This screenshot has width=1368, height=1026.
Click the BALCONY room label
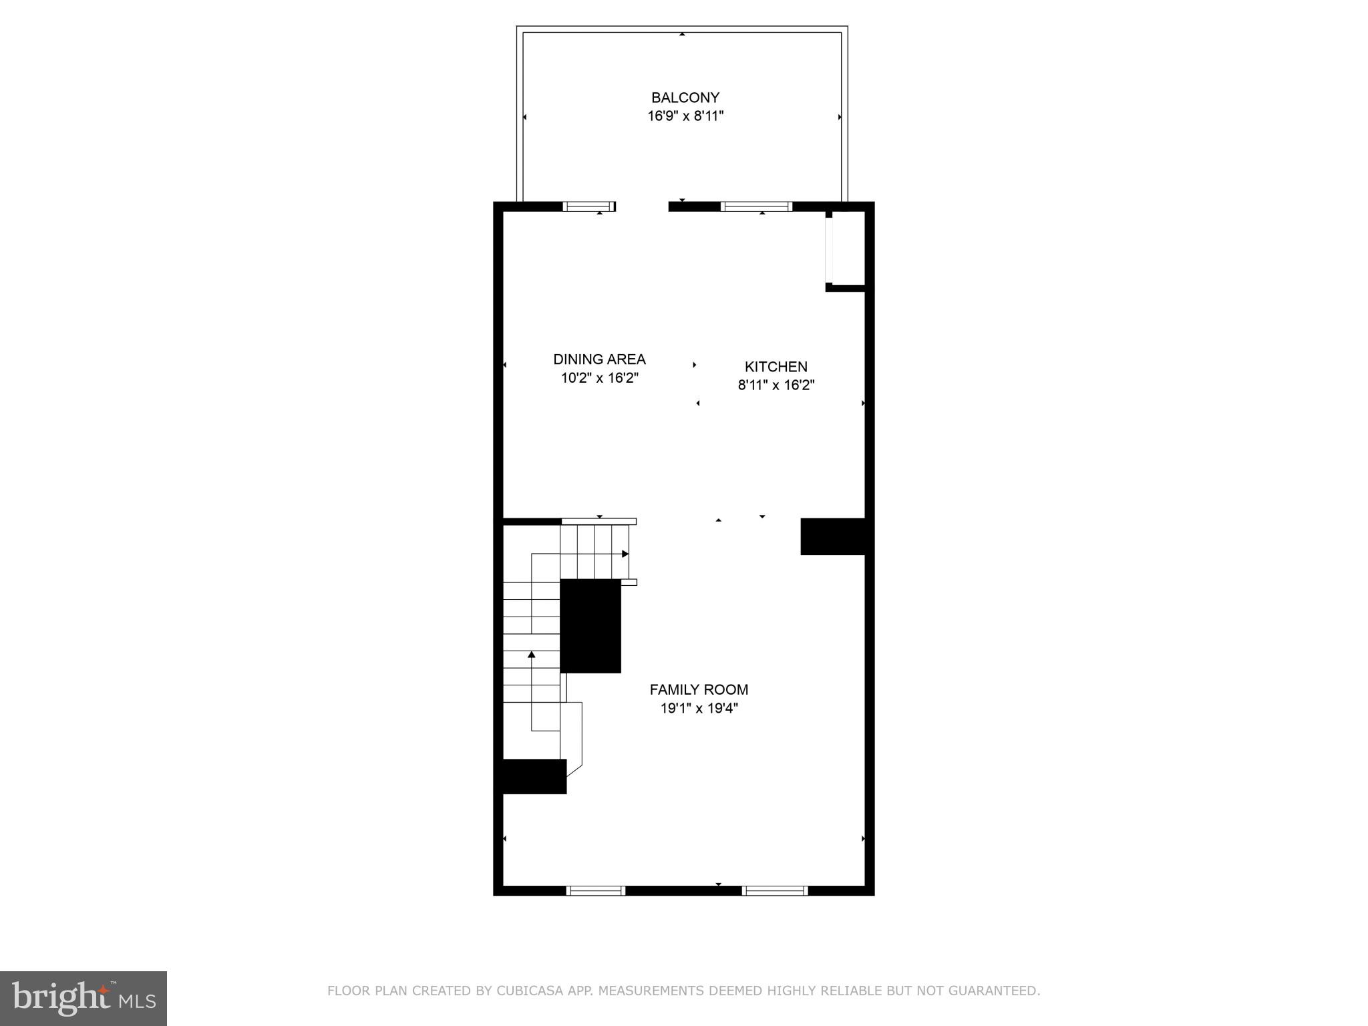point(685,98)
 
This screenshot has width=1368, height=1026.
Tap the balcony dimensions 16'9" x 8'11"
point(685,116)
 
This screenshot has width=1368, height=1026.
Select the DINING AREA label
point(599,359)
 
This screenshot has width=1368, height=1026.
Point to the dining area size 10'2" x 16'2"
point(599,378)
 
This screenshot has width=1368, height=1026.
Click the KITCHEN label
point(776,367)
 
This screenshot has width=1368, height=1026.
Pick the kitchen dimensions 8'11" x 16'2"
point(776,385)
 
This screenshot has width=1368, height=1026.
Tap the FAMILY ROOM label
point(699,689)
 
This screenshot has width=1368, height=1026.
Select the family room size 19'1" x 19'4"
point(699,708)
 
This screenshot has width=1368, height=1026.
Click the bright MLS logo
point(83,998)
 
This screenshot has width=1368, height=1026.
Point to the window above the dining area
point(588,206)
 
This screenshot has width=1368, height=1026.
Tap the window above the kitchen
point(757,206)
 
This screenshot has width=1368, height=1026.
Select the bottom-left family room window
point(596,890)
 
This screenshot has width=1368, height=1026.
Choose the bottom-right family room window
point(775,890)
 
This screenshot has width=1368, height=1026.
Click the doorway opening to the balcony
point(641,206)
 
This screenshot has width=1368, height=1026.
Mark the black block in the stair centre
point(590,626)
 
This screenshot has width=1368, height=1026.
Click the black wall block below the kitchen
point(833,536)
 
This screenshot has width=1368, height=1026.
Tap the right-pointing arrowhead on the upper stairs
point(625,554)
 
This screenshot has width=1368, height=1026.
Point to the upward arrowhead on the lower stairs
point(532,654)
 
